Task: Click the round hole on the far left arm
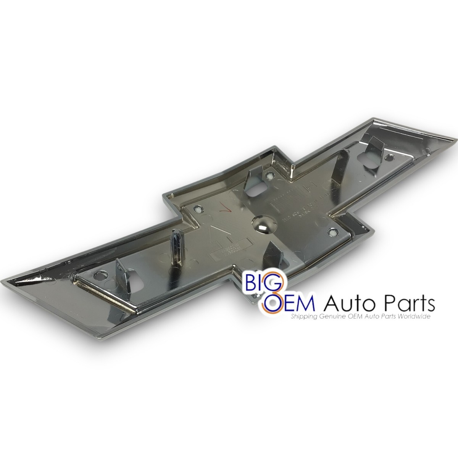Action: (x=102, y=274)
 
